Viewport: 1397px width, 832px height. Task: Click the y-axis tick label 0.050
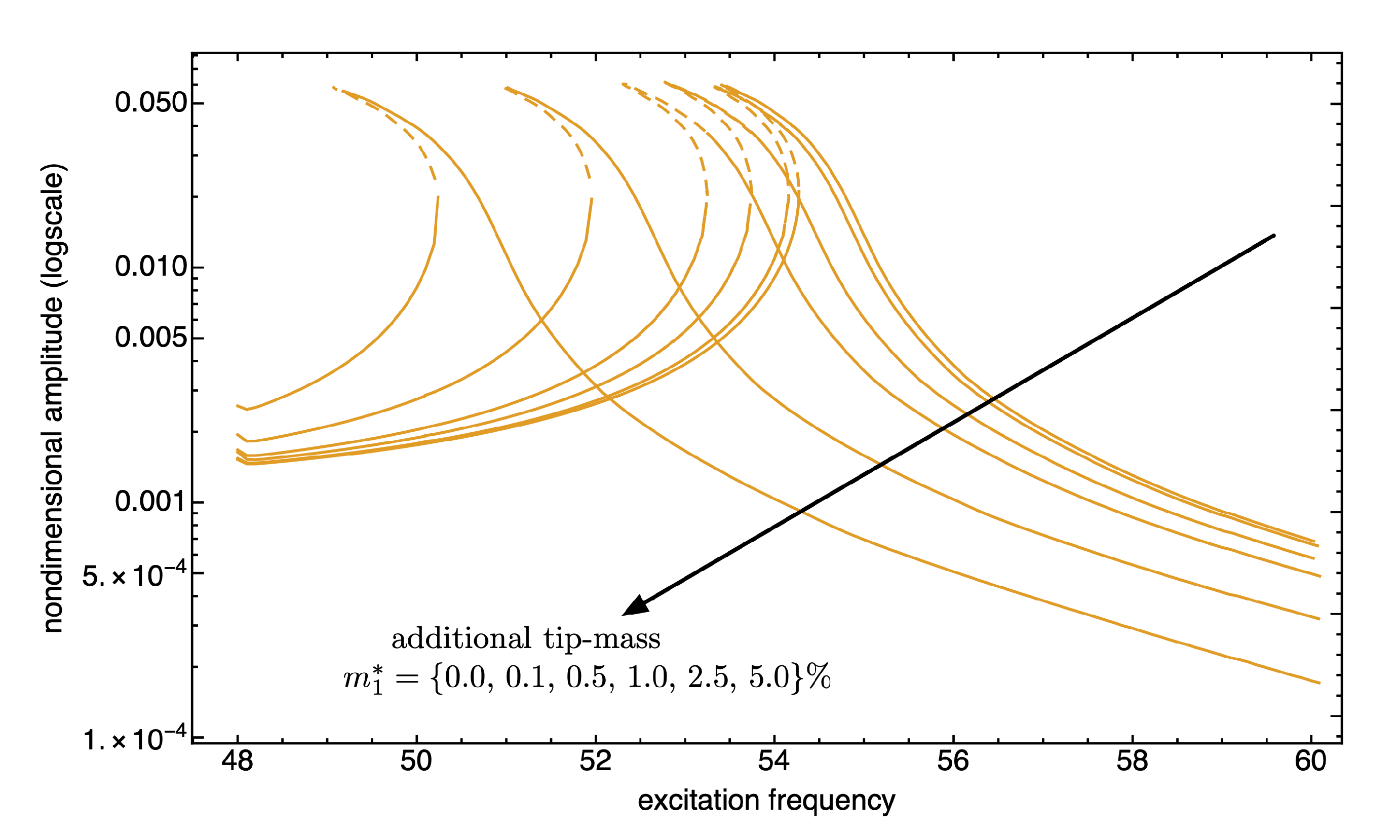click(150, 103)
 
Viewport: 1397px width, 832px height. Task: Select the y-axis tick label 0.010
click(150, 267)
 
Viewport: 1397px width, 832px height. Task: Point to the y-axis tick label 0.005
click(150, 337)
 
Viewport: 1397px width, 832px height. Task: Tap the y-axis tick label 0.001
click(150, 501)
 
